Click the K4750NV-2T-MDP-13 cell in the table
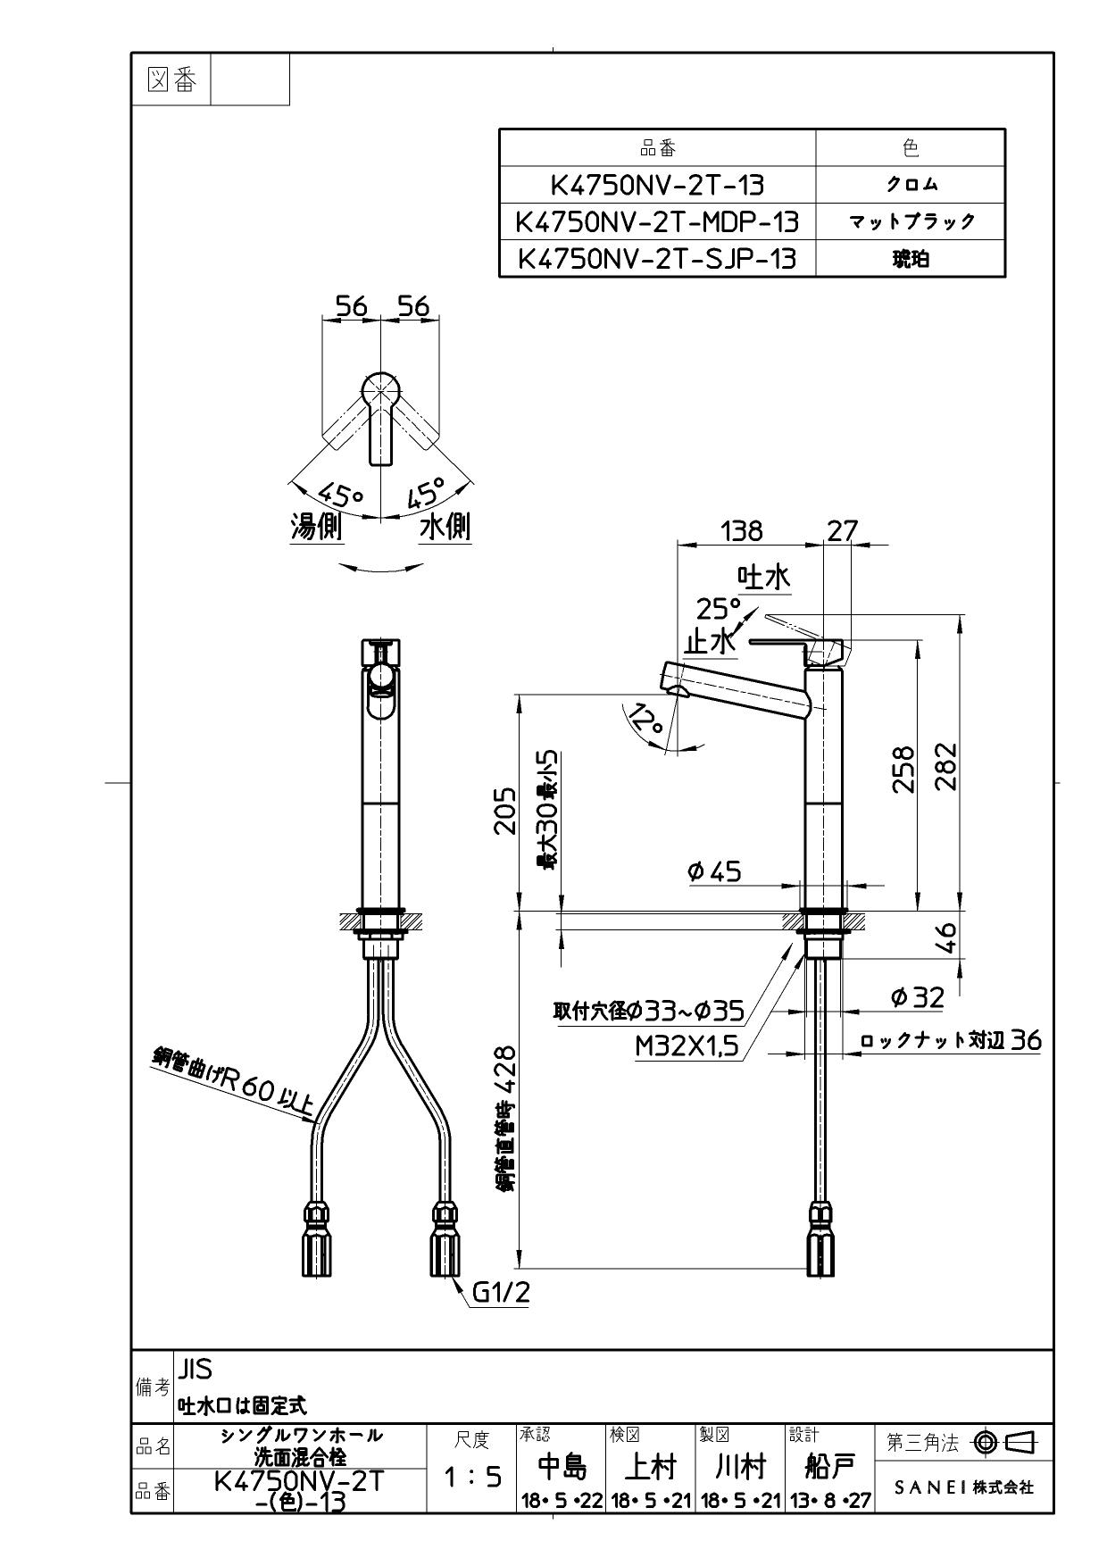(657, 221)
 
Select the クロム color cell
(911, 185)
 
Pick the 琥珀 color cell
(911, 259)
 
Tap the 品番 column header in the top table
(657, 148)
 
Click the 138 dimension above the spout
(742, 531)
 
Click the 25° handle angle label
(720, 610)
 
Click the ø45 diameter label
(714, 871)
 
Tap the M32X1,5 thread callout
(687, 1046)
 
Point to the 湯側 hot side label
(316, 528)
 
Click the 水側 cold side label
(445, 528)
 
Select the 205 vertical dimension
(505, 811)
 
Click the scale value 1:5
(472, 1478)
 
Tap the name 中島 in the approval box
(562, 1468)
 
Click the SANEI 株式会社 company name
(964, 1488)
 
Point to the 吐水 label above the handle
(763, 578)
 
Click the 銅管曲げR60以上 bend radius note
(232, 1083)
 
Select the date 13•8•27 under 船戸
(829, 1502)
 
